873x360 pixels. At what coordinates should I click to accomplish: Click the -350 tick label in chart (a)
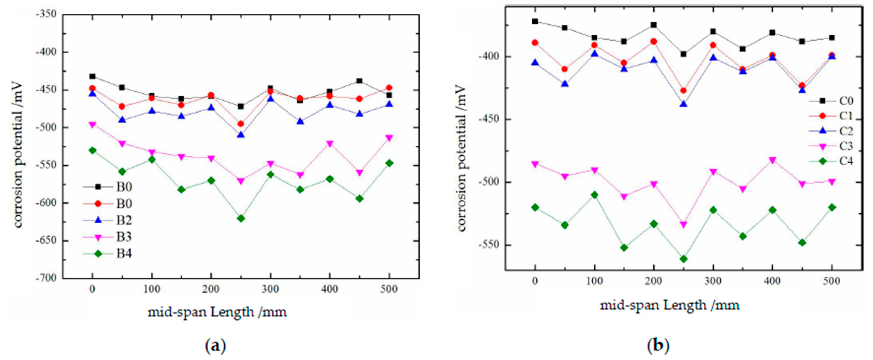pos(47,15)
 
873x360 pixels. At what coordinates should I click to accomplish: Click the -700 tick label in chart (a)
pos(47,278)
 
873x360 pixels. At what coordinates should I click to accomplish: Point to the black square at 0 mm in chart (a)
pos(92,76)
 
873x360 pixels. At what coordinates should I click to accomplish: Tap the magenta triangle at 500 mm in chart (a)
pos(389,138)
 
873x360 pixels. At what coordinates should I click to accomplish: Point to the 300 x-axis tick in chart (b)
pos(713,281)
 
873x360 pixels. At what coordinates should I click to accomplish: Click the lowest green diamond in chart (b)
pos(683,259)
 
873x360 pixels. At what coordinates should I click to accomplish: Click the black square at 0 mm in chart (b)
pos(535,21)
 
